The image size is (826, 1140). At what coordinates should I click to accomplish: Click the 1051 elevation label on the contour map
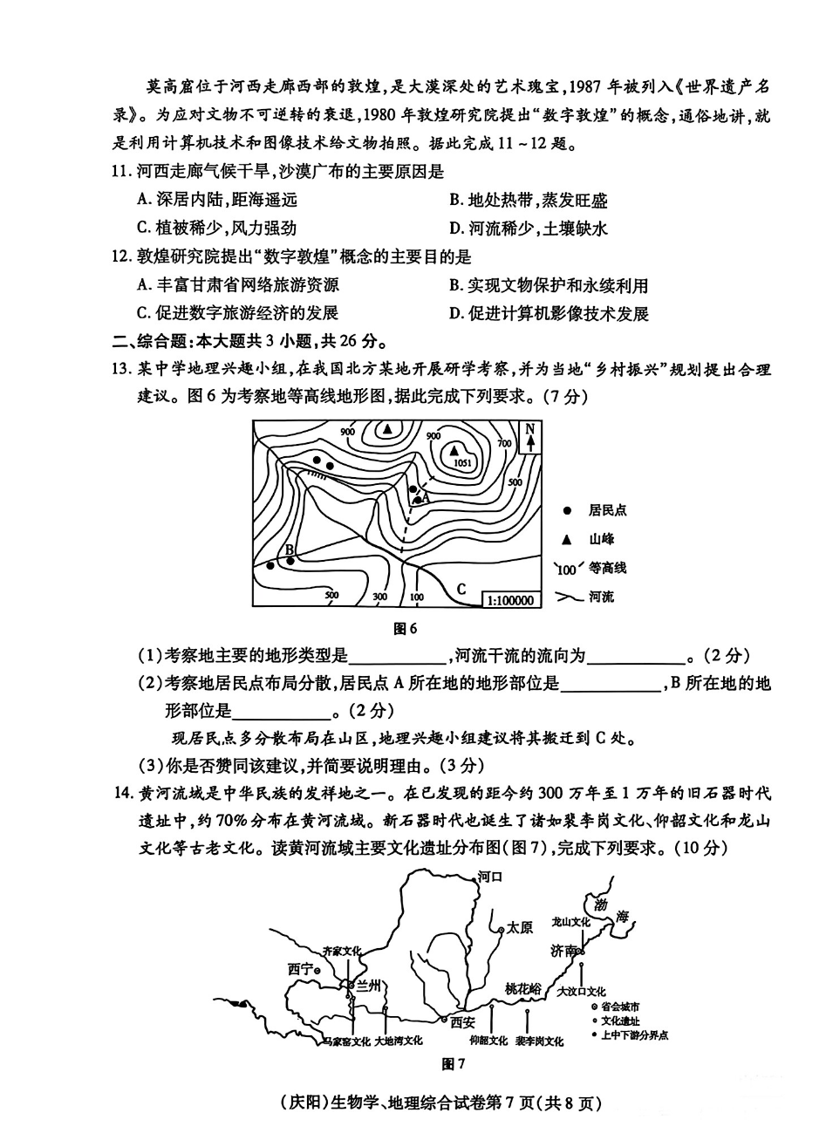click(462, 462)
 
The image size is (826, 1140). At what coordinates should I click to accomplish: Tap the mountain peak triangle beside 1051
click(454, 450)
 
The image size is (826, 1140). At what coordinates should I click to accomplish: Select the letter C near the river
click(461, 590)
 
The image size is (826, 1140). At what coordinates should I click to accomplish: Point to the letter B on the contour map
click(289, 550)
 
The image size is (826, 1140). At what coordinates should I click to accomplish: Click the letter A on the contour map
click(425, 497)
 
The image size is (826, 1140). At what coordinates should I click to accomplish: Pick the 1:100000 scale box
click(510, 600)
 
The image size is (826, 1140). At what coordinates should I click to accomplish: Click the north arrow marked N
click(530, 438)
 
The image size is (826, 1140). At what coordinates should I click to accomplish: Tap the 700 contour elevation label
click(504, 443)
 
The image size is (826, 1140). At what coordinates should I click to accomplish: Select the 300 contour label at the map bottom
click(379, 597)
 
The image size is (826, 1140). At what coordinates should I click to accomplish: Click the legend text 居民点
click(607, 510)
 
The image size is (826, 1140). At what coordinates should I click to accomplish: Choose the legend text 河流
click(601, 597)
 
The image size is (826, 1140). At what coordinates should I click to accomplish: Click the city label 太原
click(520, 928)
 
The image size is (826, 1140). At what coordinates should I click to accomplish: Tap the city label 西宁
click(301, 970)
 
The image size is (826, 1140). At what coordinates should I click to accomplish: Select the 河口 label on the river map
click(490, 877)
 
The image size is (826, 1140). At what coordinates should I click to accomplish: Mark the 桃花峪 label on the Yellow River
click(523, 989)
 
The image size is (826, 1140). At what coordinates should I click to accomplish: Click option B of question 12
click(549, 285)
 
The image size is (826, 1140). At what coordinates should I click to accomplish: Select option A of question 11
click(217, 200)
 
